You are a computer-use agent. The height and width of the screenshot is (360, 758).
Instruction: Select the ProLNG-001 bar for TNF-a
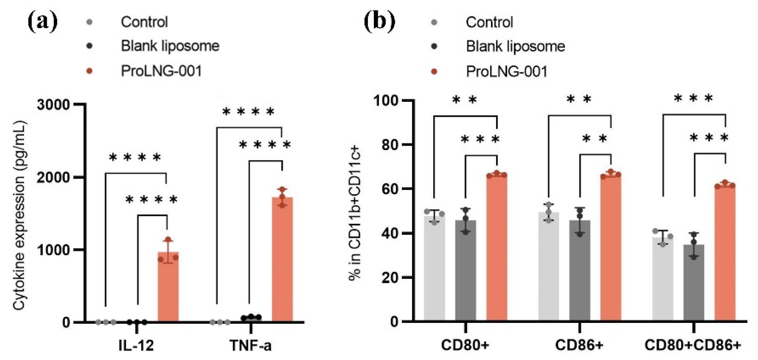(282, 259)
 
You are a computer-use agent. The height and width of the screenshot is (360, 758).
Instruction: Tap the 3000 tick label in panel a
(53, 105)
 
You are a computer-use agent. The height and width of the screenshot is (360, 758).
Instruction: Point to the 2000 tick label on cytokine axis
(53, 178)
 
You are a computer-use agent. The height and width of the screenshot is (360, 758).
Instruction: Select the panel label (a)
(43, 22)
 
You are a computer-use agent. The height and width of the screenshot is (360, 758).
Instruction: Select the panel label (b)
(379, 22)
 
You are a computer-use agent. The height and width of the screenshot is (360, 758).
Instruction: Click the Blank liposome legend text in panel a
(170, 46)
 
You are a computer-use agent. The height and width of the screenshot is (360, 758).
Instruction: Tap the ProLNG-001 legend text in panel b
(507, 72)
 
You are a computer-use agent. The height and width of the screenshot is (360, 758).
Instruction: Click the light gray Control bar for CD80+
(434, 268)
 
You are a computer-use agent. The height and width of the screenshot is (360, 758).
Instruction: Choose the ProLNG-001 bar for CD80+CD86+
(725, 253)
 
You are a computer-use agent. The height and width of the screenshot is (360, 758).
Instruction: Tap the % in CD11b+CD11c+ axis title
(355, 213)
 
